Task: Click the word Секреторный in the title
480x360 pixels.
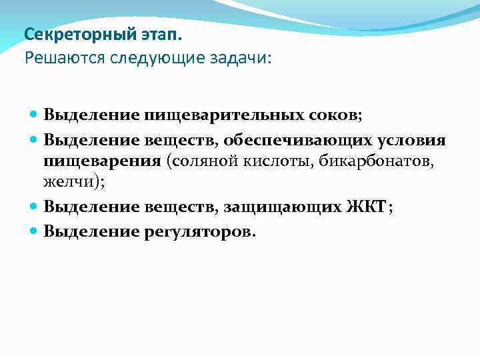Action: click(69, 33)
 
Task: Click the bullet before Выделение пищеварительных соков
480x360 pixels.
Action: click(34, 115)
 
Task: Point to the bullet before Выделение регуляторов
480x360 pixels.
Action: click(34, 231)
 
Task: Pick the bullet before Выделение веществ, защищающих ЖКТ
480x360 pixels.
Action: click(34, 207)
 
